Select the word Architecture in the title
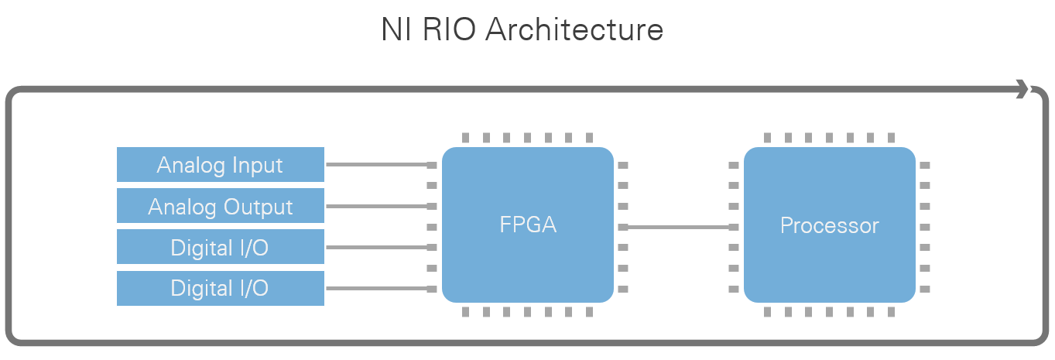click(574, 30)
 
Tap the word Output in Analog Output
click(259, 207)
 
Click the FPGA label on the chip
click(528, 226)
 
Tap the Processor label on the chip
click(829, 226)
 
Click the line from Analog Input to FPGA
click(376, 165)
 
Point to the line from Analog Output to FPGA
click(376, 206)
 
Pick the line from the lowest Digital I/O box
click(376, 289)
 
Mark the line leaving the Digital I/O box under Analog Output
click(376, 248)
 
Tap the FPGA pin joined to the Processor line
click(623, 227)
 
